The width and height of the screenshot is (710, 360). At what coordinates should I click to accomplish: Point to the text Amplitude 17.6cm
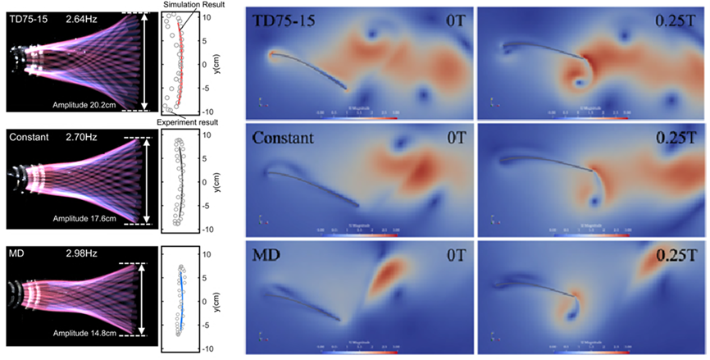(x=84, y=219)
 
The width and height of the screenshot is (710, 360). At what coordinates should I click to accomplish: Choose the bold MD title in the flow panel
(x=267, y=257)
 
